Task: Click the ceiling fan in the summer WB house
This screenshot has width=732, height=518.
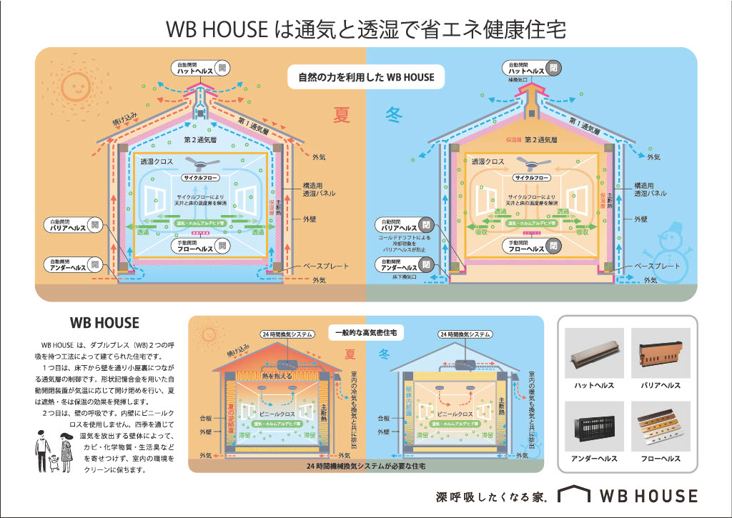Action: (x=203, y=162)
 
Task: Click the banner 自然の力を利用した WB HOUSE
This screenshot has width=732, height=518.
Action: (x=366, y=76)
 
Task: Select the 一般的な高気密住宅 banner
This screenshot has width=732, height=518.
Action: (x=366, y=333)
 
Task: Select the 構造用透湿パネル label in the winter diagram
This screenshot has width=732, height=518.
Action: (x=650, y=189)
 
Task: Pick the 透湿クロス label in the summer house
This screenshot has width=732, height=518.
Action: (x=157, y=162)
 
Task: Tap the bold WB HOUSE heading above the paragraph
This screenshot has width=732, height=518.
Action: (x=104, y=323)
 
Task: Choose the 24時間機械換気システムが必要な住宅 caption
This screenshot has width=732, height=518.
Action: (x=366, y=465)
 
